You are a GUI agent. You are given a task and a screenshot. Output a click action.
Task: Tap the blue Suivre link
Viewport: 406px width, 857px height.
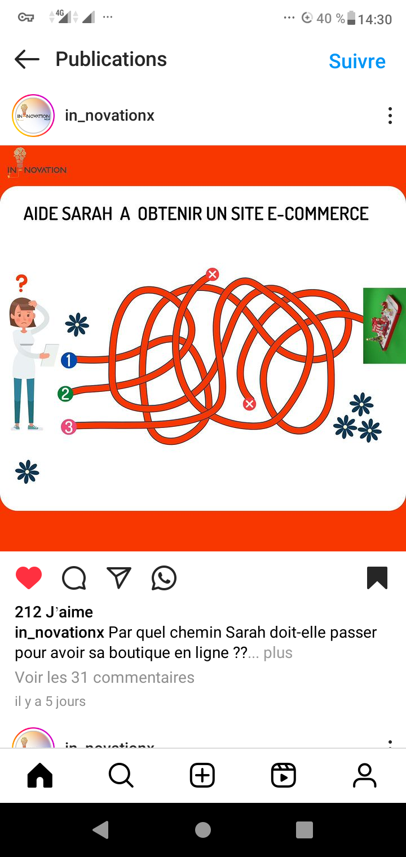tap(357, 61)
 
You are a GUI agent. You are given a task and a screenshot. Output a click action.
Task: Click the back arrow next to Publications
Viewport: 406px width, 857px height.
tap(27, 59)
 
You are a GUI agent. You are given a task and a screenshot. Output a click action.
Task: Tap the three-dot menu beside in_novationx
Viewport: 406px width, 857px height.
tap(390, 116)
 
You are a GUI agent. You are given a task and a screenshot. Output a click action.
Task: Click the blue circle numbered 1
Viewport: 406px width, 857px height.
tap(69, 360)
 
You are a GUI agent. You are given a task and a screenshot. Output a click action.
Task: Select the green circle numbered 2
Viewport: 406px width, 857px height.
tap(65, 394)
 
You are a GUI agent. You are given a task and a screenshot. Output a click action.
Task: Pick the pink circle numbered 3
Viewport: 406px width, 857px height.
tap(68, 427)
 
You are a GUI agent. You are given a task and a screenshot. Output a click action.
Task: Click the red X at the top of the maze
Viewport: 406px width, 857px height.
tap(213, 274)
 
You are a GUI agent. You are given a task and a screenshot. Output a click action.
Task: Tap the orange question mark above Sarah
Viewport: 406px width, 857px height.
tap(22, 283)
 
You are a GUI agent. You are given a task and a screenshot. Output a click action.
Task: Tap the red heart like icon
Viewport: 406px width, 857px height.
tap(29, 577)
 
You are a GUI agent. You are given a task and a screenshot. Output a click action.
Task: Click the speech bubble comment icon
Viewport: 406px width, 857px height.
tap(74, 578)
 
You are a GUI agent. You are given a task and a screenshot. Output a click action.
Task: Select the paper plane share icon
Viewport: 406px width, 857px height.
tap(119, 577)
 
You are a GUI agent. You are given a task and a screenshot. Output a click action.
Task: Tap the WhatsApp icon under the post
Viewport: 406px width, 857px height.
tap(164, 578)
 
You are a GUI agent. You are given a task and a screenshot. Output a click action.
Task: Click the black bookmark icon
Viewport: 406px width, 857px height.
tap(377, 577)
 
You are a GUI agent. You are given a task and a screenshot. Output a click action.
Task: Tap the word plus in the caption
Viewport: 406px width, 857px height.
tap(278, 653)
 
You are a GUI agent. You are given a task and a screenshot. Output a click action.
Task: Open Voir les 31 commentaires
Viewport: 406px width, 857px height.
tap(104, 677)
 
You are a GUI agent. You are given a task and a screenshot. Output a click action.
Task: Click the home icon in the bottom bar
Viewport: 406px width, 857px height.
tap(40, 775)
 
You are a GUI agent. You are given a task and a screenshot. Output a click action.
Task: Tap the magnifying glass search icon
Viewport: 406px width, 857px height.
tap(121, 775)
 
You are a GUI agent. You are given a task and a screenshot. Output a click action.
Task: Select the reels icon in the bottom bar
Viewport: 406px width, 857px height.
tap(283, 775)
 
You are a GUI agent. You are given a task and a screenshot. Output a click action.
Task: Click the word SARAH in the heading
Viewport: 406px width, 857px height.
tap(87, 214)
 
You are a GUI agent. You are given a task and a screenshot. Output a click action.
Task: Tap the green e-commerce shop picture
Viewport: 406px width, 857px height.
tap(384, 325)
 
